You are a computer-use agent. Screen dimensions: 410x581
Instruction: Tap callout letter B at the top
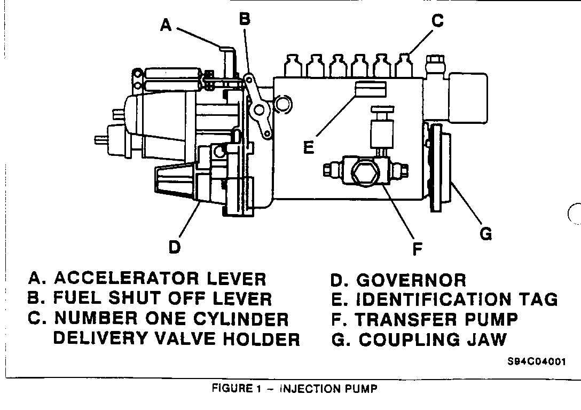click(245, 19)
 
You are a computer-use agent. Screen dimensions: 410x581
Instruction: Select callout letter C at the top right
click(437, 21)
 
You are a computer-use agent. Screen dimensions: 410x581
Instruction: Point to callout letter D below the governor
click(175, 247)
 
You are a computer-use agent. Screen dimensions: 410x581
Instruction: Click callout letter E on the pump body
click(309, 146)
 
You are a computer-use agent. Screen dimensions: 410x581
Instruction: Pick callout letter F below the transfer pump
click(418, 248)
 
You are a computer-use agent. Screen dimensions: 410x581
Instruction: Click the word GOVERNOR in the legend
click(411, 280)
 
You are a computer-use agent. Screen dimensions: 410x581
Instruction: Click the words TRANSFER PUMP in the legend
click(436, 319)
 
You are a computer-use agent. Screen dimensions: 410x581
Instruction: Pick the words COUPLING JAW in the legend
click(433, 340)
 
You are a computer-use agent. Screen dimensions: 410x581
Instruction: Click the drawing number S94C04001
click(536, 361)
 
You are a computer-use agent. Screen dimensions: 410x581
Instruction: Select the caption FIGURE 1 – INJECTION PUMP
click(294, 389)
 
